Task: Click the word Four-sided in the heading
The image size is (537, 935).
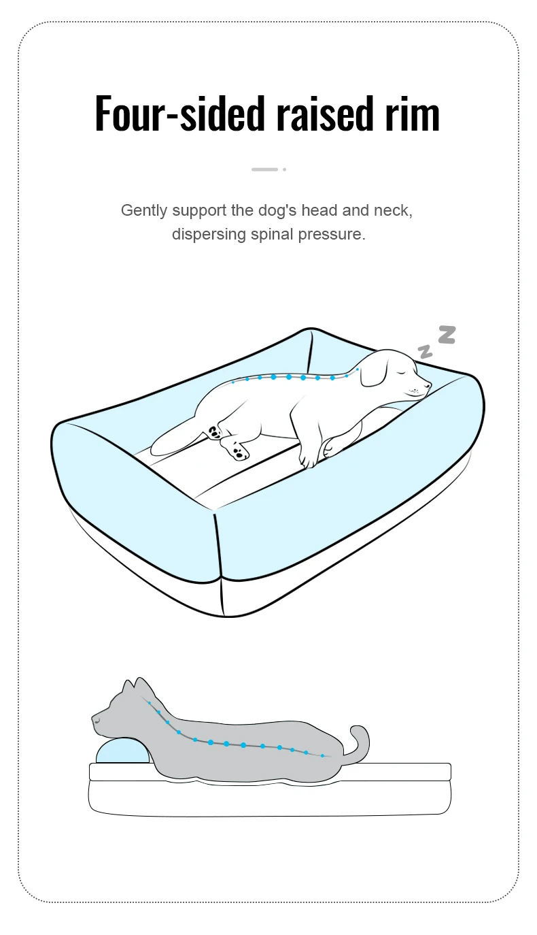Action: pyautogui.click(x=180, y=114)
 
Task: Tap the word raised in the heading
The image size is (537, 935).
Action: pyautogui.click(x=324, y=114)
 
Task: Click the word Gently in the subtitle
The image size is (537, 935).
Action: pyautogui.click(x=144, y=211)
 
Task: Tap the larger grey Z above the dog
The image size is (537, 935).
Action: pyautogui.click(x=447, y=335)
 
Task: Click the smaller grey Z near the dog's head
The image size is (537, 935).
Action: pyautogui.click(x=426, y=352)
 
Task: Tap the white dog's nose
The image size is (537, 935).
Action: pyautogui.click(x=428, y=385)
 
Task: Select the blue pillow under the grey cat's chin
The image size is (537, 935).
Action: pyautogui.click(x=122, y=751)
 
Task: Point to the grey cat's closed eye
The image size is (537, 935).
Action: pyautogui.click(x=97, y=721)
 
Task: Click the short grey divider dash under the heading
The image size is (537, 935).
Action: pyautogui.click(x=264, y=169)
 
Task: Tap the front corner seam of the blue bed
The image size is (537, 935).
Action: pyautogui.click(x=220, y=563)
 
